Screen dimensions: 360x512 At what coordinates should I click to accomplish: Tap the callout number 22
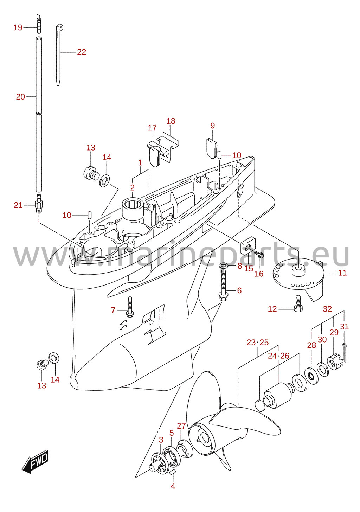point(82,52)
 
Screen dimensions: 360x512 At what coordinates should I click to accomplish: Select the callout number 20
point(20,97)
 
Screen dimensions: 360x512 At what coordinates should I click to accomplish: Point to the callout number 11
point(342,273)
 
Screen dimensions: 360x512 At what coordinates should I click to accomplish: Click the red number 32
point(327,309)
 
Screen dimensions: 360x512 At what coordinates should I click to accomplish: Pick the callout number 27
point(181,426)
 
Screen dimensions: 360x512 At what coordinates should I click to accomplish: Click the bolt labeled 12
point(298,303)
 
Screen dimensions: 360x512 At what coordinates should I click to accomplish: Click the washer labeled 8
point(223,266)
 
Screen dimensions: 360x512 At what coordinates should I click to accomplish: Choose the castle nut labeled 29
point(335,364)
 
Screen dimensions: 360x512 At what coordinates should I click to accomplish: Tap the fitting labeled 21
point(39,203)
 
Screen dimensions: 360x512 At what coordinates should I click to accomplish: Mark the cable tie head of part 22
point(60,27)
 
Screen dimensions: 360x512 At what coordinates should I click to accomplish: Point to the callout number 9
point(213,126)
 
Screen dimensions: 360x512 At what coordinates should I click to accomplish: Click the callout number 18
point(171,121)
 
